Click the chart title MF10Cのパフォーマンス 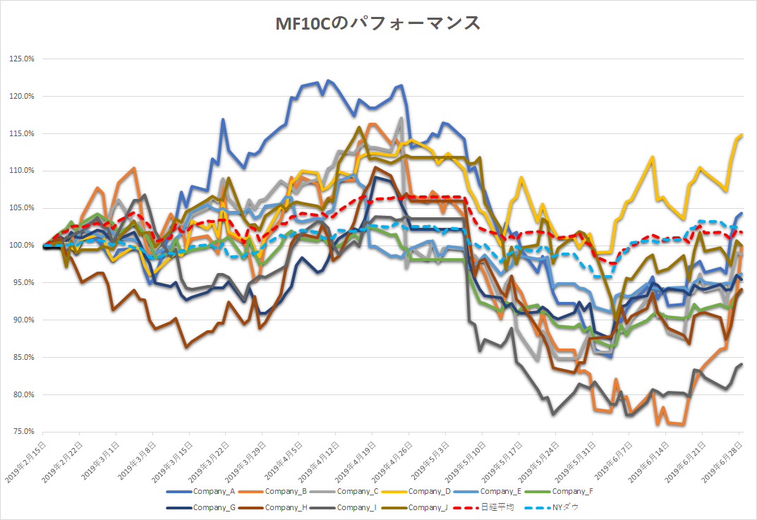coord(378,23)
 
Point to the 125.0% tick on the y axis coord(21,59)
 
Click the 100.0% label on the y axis coord(21,245)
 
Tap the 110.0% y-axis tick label coord(21,170)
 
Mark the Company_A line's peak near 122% coord(330,81)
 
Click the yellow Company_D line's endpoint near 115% coord(741,134)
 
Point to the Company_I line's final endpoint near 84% coord(741,364)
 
